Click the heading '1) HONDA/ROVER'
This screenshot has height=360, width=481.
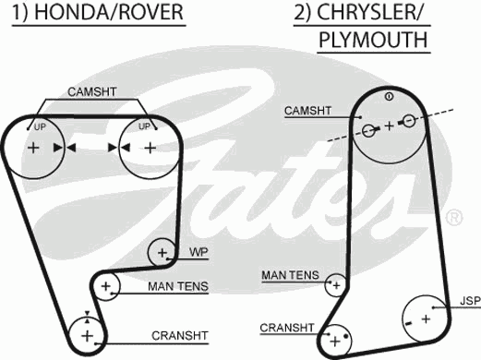click(x=101, y=13)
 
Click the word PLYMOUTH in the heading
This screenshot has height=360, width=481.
click(x=372, y=41)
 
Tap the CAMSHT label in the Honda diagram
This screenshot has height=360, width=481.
click(x=92, y=92)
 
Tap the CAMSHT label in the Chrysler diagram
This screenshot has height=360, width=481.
click(x=307, y=111)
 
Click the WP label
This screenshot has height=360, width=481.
click(x=198, y=252)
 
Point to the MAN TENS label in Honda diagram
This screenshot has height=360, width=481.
click(x=177, y=286)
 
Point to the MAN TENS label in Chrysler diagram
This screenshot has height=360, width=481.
click(x=290, y=275)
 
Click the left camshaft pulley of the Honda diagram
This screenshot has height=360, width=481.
click(x=34, y=148)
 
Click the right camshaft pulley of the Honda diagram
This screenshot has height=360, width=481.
click(x=148, y=148)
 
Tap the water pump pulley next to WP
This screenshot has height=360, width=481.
click(x=162, y=251)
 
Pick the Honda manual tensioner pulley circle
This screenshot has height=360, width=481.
click(x=105, y=287)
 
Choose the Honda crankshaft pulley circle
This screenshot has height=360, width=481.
click(x=86, y=333)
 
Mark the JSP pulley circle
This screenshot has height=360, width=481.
click(x=427, y=318)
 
